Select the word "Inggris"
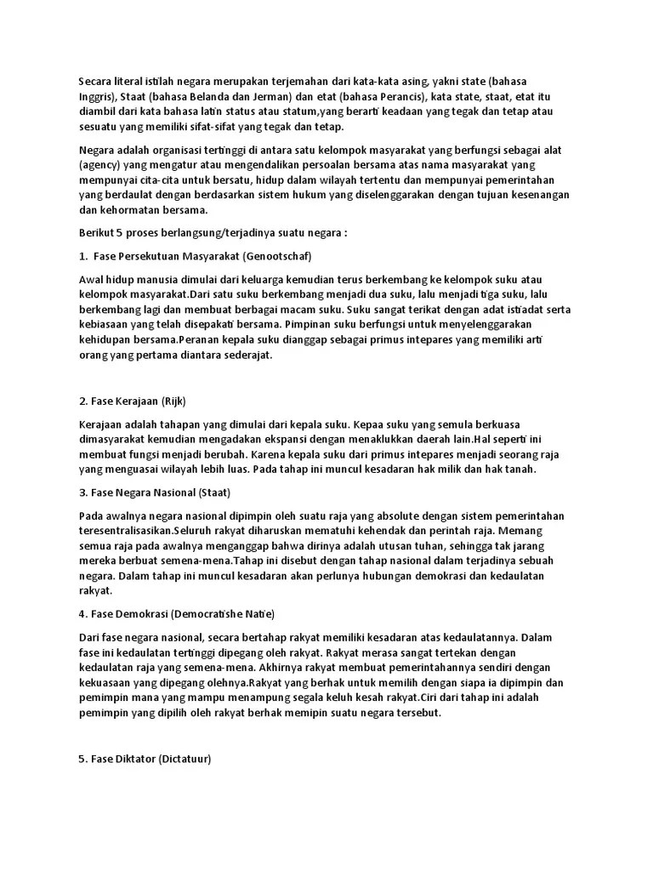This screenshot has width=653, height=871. tap(97, 96)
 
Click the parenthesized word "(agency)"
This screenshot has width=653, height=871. tap(100, 165)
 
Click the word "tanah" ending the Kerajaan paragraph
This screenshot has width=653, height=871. tap(542, 470)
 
